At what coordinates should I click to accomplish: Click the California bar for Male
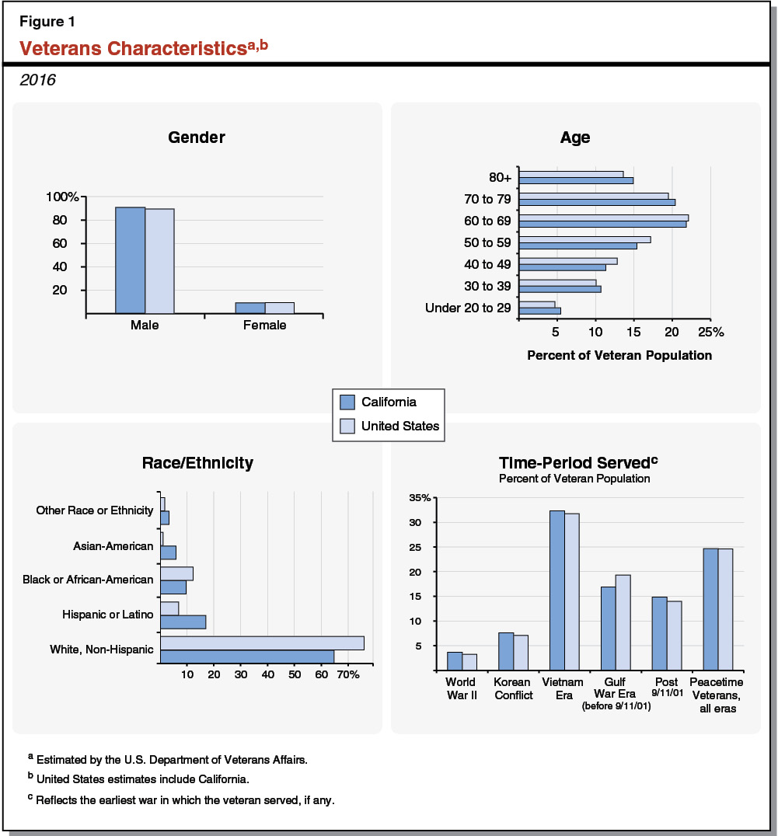click(x=130, y=260)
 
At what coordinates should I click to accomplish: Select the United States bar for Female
click(x=280, y=308)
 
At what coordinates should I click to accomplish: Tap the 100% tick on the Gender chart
click(x=61, y=197)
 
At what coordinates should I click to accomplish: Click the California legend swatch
click(x=347, y=402)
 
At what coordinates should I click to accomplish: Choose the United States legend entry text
click(x=400, y=426)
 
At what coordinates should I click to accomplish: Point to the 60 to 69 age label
click(x=487, y=221)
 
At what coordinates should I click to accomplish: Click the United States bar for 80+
click(x=571, y=174)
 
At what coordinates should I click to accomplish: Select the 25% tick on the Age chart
click(x=710, y=332)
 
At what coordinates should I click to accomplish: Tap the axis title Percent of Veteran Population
click(x=619, y=356)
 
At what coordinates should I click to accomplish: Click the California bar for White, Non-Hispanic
click(x=247, y=657)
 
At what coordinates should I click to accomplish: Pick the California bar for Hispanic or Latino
click(x=183, y=622)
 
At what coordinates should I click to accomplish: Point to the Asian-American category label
click(x=113, y=546)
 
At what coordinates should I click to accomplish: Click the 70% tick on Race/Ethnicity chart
click(x=347, y=674)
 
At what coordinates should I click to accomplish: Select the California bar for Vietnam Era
click(x=557, y=590)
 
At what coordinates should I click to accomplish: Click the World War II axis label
click(x=461, y=688)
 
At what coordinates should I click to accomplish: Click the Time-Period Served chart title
click(x=574, y=462)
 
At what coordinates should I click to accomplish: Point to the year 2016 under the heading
click(x=37, y=80)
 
